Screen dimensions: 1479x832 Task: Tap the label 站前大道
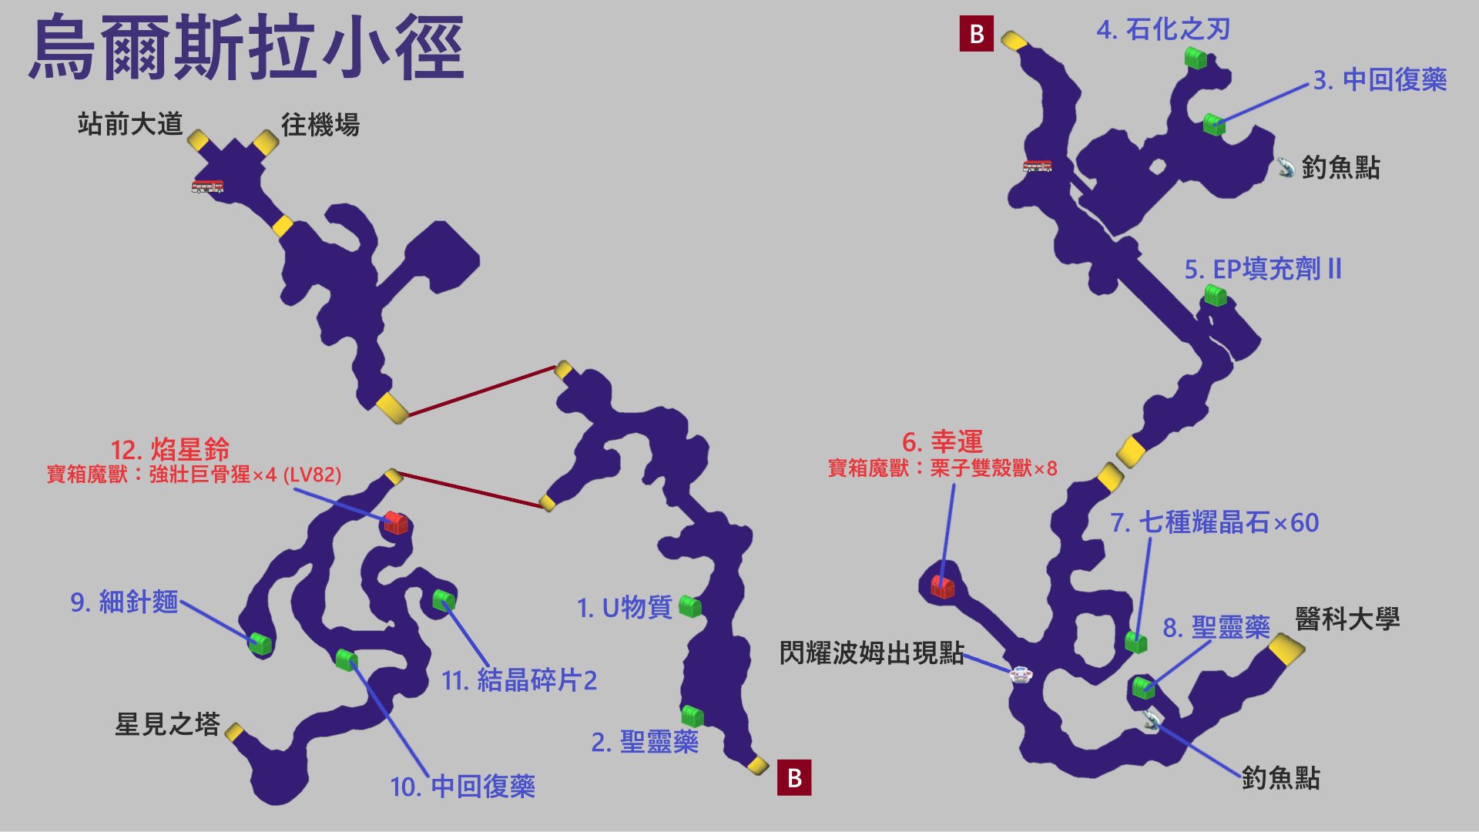[130, 124]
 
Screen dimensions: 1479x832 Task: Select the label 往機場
[320, 125]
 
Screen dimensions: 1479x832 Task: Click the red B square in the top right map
[976, 34]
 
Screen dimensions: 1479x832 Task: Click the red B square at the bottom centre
[794, 778]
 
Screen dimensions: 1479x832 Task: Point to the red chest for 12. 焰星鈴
[396, 523]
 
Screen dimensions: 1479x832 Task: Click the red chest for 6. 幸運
[943, 587]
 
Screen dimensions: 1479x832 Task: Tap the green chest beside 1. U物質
[690, 607]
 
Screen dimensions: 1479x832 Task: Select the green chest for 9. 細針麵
[260, 643]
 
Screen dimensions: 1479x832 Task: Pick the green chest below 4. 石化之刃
[1196, 59]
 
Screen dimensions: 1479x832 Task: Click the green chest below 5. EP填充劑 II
[1216, 295]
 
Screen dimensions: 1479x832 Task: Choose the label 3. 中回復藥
[1380, 80]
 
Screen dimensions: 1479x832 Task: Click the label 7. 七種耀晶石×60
[1214, 523]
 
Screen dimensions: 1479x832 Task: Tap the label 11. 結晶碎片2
[518, 681]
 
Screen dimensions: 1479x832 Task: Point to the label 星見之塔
[167, 724]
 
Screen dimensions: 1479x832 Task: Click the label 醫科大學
[1347, 619]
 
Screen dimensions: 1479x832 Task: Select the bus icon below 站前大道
[207, 186]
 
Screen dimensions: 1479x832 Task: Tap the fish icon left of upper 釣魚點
[1285, 167]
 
